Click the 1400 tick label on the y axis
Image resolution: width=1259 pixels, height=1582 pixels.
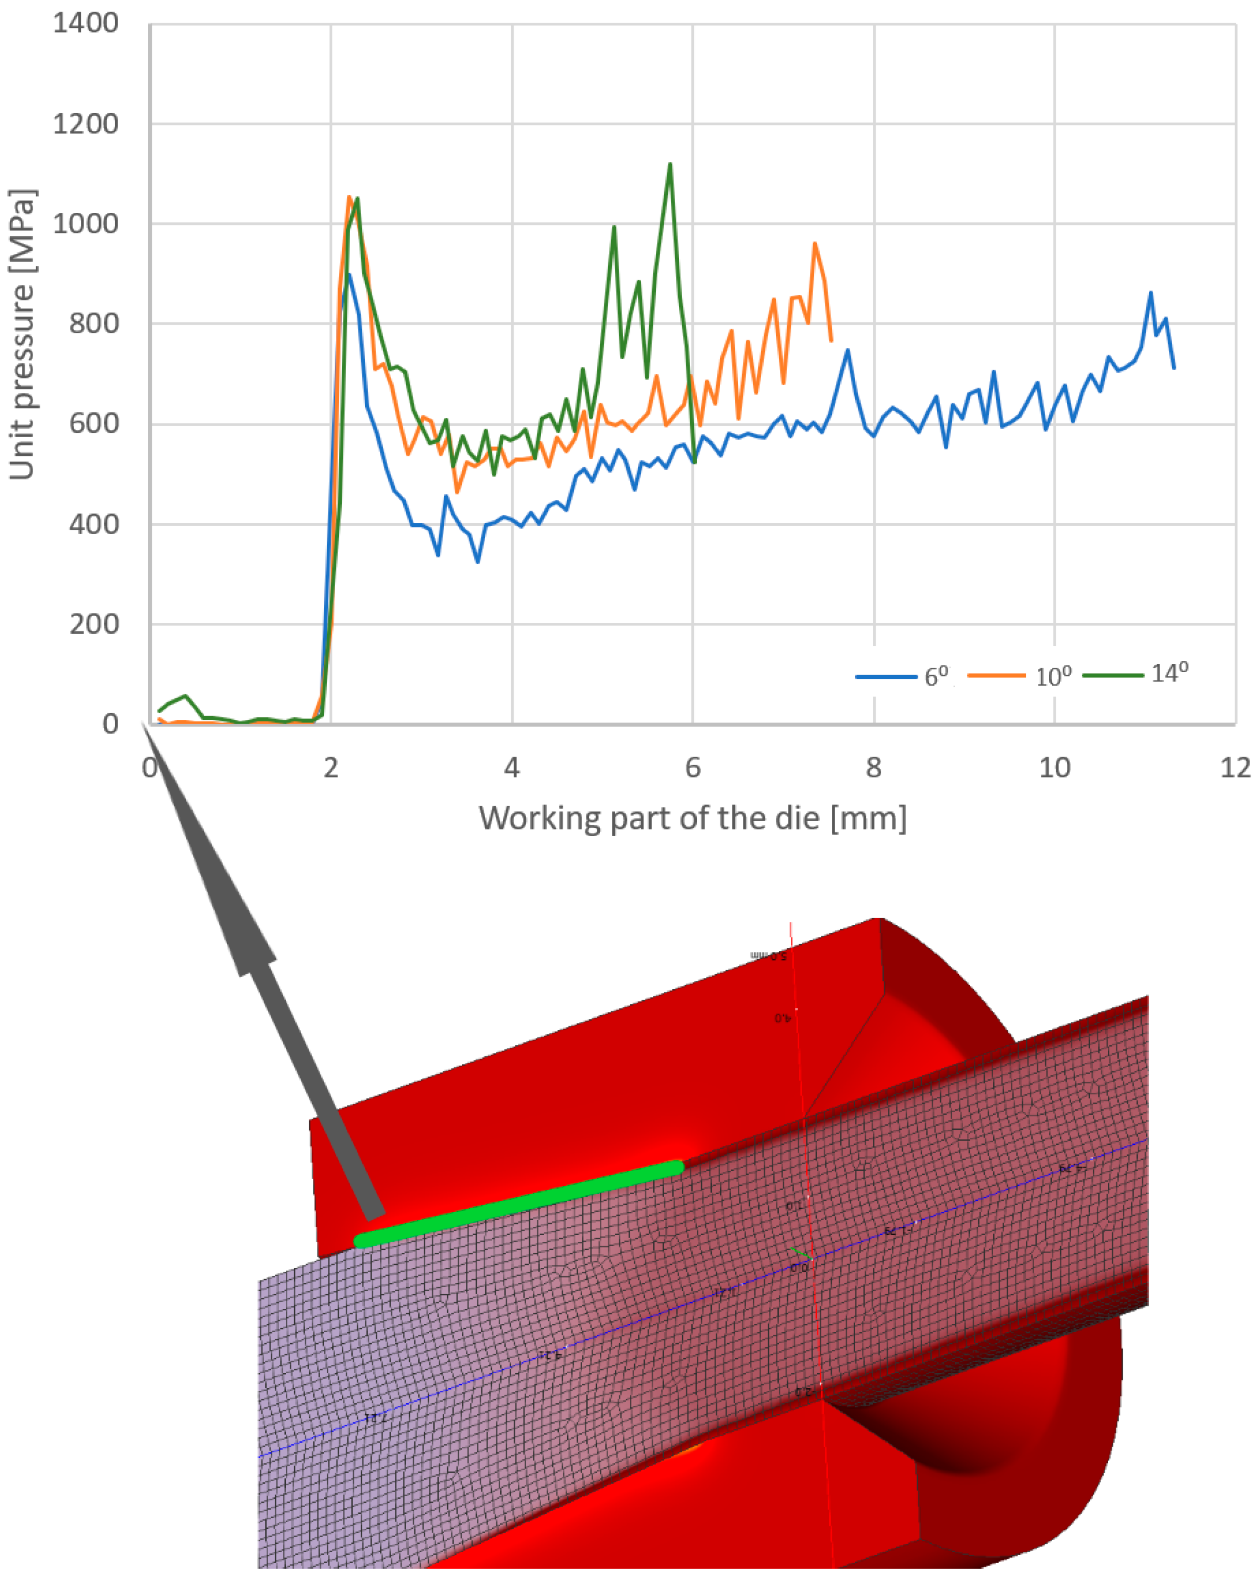pos(85,23)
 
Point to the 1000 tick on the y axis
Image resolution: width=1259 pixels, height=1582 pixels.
pos(85,224)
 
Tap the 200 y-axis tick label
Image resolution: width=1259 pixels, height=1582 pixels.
pos(94,624)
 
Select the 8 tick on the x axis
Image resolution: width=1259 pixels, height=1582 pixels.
pos(873,767)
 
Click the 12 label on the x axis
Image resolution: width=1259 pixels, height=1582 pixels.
pos(1235,767)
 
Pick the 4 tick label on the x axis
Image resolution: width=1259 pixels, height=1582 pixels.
pos(511,767)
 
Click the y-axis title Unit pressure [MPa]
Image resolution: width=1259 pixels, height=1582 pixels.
pos(22,335)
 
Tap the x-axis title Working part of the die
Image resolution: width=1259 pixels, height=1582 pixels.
pos(692,817)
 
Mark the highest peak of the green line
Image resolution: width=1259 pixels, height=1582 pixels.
pos(670,165)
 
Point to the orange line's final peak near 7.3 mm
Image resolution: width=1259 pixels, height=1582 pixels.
pos(814,244)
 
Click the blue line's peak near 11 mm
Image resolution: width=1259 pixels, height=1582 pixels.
pos(1150,293)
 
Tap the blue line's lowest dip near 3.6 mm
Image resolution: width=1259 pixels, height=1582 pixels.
pos(477,561)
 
